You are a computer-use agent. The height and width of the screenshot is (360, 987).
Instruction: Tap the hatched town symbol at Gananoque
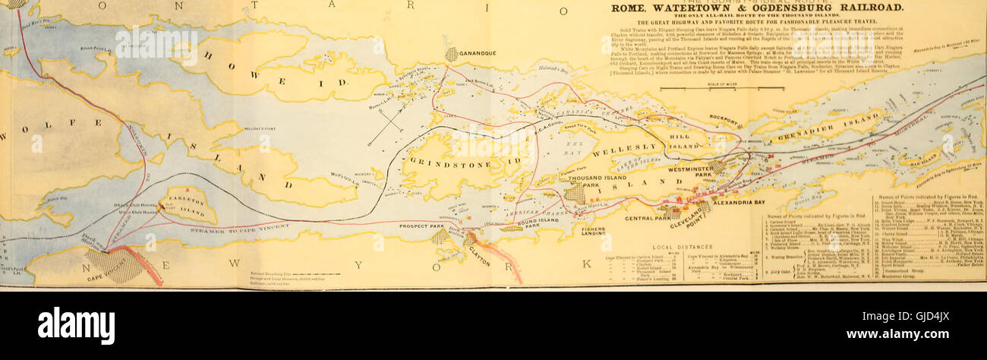pos(452,55)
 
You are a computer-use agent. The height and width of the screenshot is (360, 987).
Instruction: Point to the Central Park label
pos(647,218)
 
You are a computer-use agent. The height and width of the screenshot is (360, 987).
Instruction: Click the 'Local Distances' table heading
pos(683,248)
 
